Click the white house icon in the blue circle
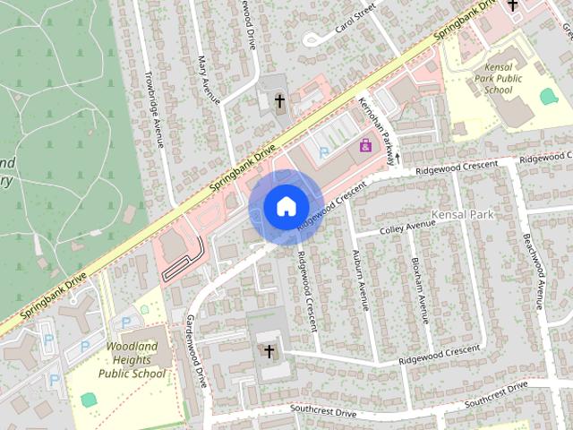[x=285, y=207]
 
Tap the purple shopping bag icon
[x=365, y=145]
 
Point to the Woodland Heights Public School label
[x=133, y=359]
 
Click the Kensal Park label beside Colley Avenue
[x=462, y=216]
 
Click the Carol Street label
[x=353, y=18]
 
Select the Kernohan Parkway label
[x=377, y=130]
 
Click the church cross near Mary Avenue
[x=278, y=102]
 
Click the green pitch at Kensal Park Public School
[x=548, y=96]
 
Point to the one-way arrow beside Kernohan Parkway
[x=398, y=158]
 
